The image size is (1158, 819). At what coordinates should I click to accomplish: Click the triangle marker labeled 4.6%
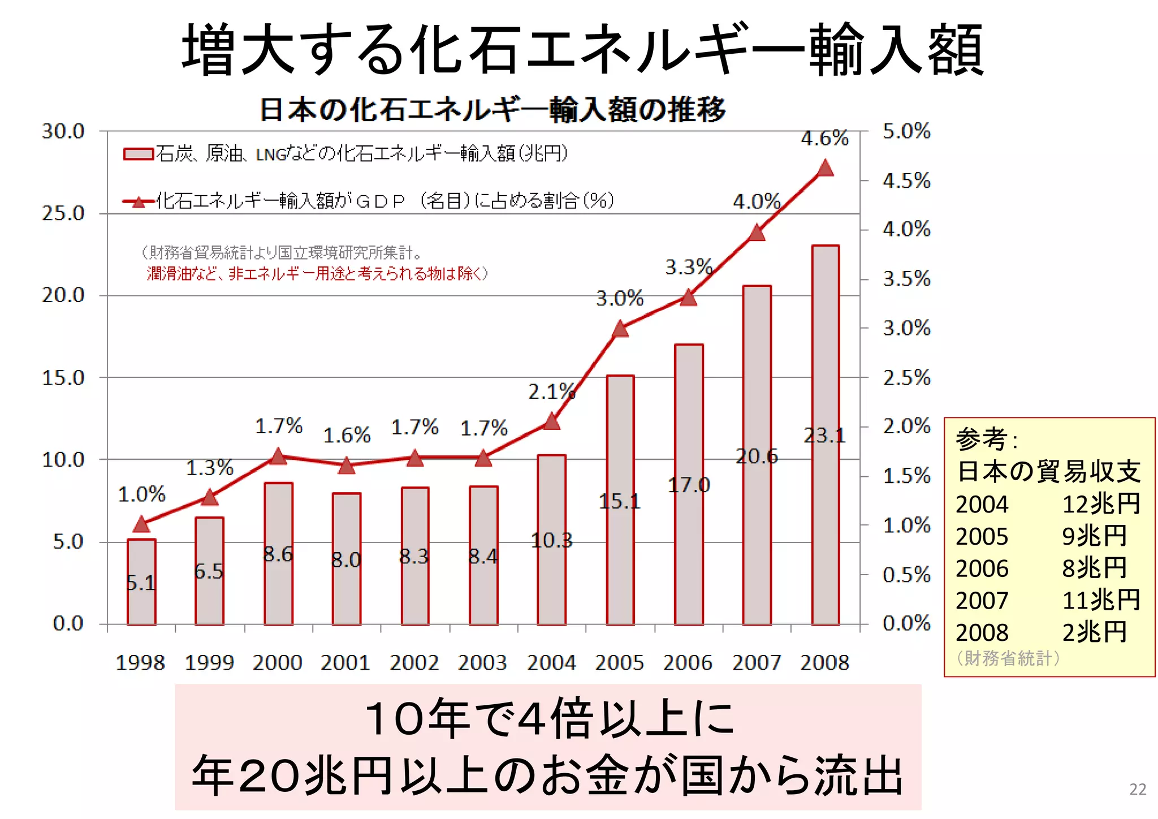click(x=825, y=169)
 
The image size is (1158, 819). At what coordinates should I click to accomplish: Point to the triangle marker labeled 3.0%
click(x=620, y=329)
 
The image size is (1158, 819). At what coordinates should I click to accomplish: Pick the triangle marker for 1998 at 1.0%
click(x=141, y=525)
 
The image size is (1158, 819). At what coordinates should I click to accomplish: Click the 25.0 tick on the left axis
click(x=63, y=214)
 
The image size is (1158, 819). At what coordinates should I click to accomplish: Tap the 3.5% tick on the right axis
click(x=906, y=279)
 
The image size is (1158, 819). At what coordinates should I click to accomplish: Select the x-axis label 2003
click(x=482, y=662)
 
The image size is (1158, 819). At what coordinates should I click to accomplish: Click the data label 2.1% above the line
click(x=551, y=391)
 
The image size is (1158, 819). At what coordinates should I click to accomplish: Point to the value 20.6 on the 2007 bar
click(x=757, y=456)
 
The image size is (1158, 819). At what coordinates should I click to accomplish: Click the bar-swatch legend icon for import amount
click(x=139, y=154)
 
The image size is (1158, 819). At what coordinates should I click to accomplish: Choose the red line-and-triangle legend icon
click(x=139, y=201)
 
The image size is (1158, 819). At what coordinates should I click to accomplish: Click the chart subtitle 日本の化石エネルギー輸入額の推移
click(x=492, y=110)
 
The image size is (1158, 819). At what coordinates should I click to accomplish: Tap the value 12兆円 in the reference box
click(x=1100, y=504)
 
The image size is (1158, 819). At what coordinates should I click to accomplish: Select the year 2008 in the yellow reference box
click(x=982, y=632)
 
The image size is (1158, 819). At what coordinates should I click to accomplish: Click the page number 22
click(x=1138, y=789)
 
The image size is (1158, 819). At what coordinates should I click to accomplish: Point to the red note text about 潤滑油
click(x=317, y=274)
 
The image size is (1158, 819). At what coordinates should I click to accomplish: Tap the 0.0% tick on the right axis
click(x=906, y=623)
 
